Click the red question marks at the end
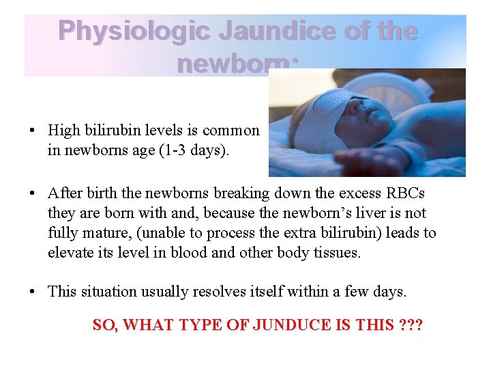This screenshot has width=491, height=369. (409, 325)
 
